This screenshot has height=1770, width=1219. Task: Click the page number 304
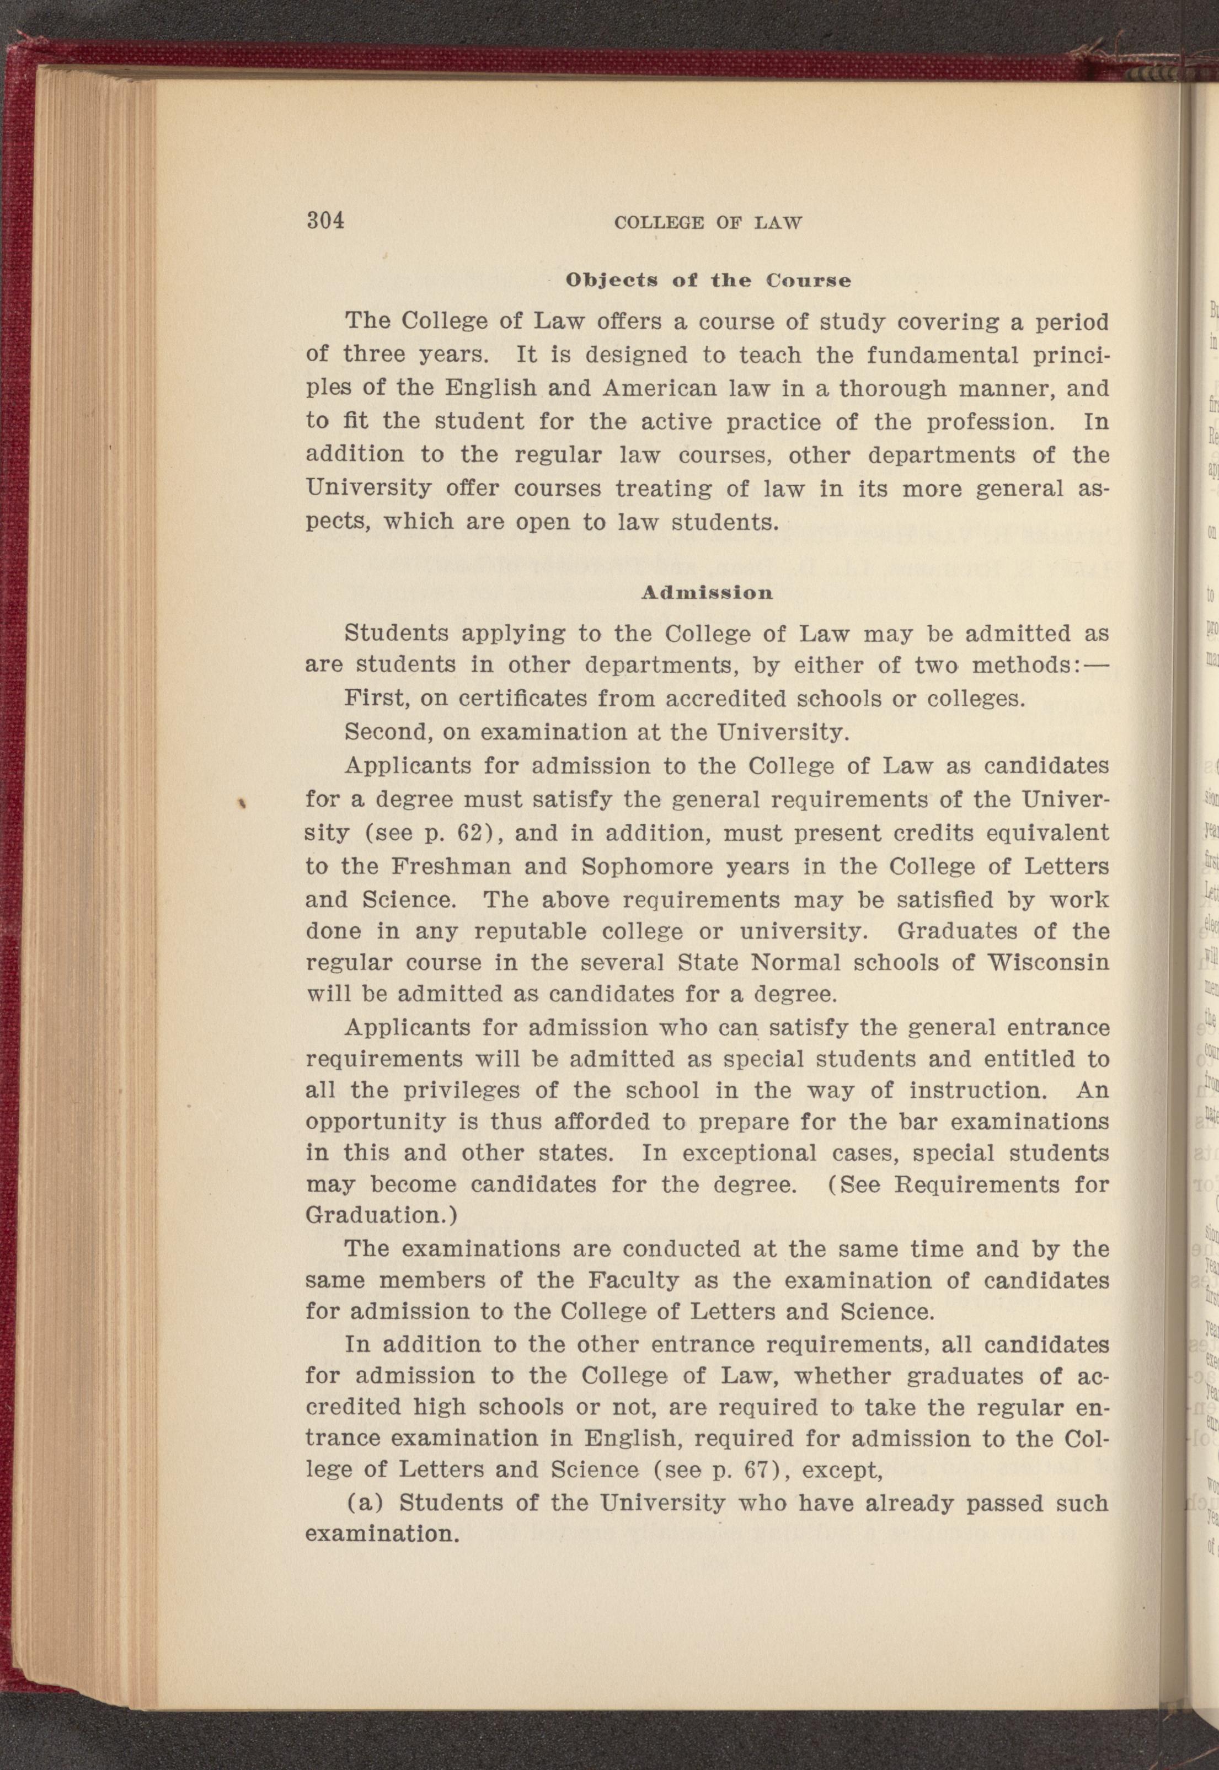point(325,220)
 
